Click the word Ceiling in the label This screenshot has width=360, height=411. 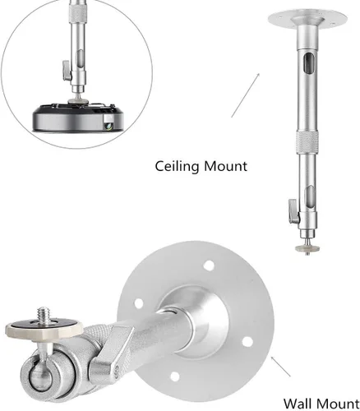point(177,167)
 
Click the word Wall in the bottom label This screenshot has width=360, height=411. point(298,404)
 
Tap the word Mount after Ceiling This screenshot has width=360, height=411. point(225,166)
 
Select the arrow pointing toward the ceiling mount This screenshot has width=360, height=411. point(245,95)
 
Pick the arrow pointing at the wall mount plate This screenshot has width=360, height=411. point(280,366)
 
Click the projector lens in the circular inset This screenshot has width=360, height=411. point(109,126)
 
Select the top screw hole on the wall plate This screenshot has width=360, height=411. point(209,266)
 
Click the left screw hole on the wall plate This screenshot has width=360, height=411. point(139,303)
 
